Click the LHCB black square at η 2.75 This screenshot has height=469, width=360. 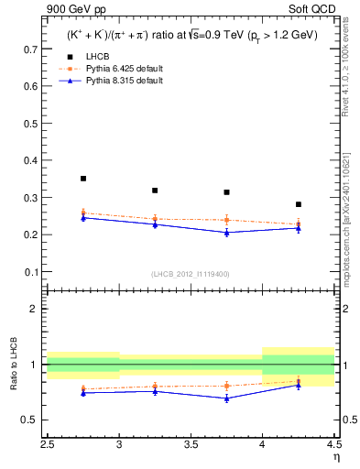point(83,179)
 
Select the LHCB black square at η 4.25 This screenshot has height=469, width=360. point(299,204)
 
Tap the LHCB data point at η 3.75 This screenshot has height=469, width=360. point(226,192)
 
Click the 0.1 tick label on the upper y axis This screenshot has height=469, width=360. point(32,272)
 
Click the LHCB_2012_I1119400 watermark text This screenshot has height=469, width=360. point(191,274)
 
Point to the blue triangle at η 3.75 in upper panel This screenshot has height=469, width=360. point(226,233)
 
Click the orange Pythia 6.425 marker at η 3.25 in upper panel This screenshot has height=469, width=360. point(155,219)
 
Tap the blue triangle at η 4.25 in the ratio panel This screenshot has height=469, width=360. point(299,385)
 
